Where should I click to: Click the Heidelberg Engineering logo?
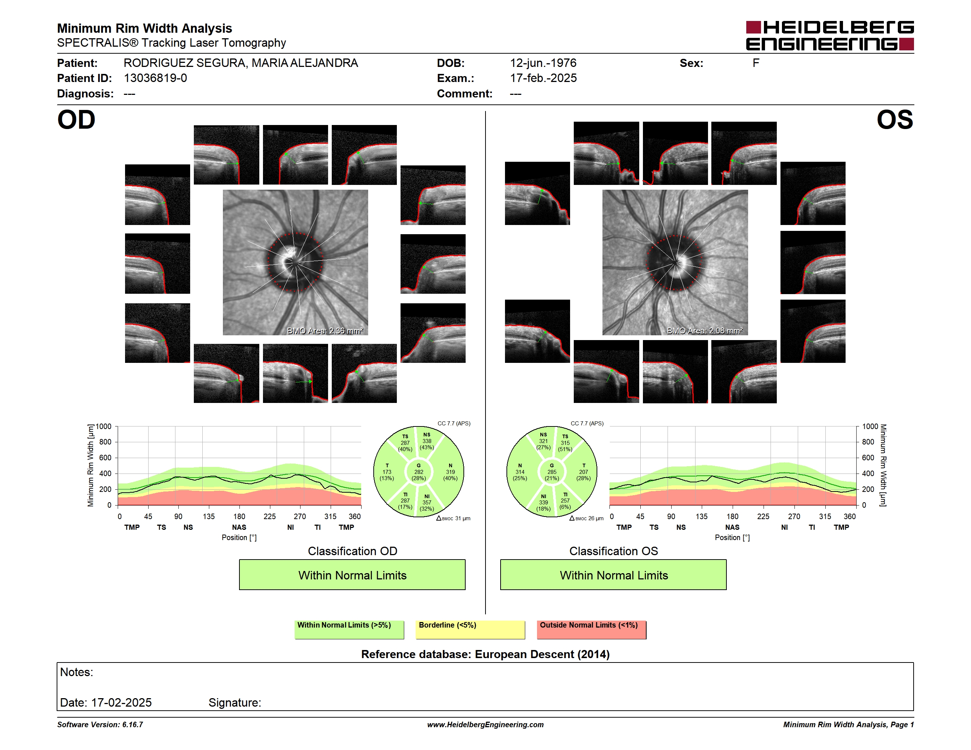(x=830, y=36)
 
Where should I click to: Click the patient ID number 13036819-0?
(x=155, y=78)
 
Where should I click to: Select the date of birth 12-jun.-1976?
(x=543, y=63)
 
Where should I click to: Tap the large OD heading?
(x=77, y=120)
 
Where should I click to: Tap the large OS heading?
(x=894, y=120)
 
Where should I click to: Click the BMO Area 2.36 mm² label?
(x=325, y=331)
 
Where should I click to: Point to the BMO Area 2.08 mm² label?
(x=705, y=331)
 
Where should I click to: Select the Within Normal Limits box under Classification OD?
(x=352, y=575)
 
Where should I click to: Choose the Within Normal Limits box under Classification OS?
(x=613, y=575)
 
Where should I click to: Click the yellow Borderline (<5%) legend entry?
(x=470, y=629)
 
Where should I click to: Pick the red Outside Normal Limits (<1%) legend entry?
(x=591, y=629)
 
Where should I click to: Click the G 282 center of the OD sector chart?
(x=418, y=472)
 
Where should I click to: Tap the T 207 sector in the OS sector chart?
(x=583, y=472)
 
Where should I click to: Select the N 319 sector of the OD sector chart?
(x=451, y=472)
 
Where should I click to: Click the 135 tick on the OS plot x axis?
(x=701, y=516)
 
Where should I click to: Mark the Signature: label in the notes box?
(x=235, y=703)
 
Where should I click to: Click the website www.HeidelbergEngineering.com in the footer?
(x=485, y=725)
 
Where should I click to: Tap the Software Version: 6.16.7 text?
(x=100, y=725)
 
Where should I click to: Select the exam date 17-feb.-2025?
(x=543, y=78)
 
